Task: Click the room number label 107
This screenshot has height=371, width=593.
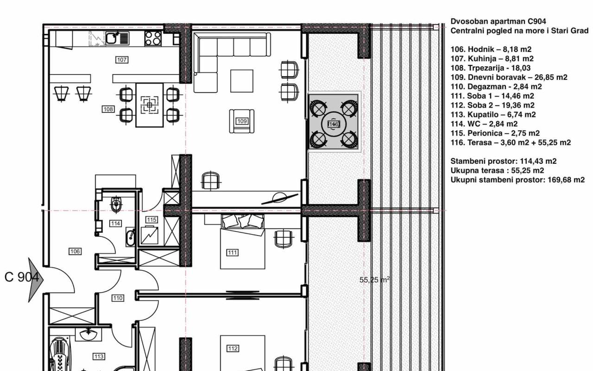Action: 122,60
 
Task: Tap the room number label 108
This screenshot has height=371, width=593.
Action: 108,109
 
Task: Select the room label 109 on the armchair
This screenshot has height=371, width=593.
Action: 242,121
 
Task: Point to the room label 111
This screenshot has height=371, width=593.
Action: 232,253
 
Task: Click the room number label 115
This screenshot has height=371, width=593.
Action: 151,219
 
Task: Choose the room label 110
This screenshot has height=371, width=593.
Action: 118,298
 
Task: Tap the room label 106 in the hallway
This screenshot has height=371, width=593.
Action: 75,251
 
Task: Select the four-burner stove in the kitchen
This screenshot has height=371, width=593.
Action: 153,38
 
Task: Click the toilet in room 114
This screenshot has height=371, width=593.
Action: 116,204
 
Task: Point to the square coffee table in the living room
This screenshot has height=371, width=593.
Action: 242,81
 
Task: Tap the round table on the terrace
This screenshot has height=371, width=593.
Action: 334,124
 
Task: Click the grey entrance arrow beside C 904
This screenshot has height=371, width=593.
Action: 36,280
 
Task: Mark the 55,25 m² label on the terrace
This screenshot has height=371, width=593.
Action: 374,280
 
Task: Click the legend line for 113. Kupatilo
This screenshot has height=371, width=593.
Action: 493,115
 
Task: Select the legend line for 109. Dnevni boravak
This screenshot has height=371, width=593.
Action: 509,77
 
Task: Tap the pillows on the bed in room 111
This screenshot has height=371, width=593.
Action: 243,221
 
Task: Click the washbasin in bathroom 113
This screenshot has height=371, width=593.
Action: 88,334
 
